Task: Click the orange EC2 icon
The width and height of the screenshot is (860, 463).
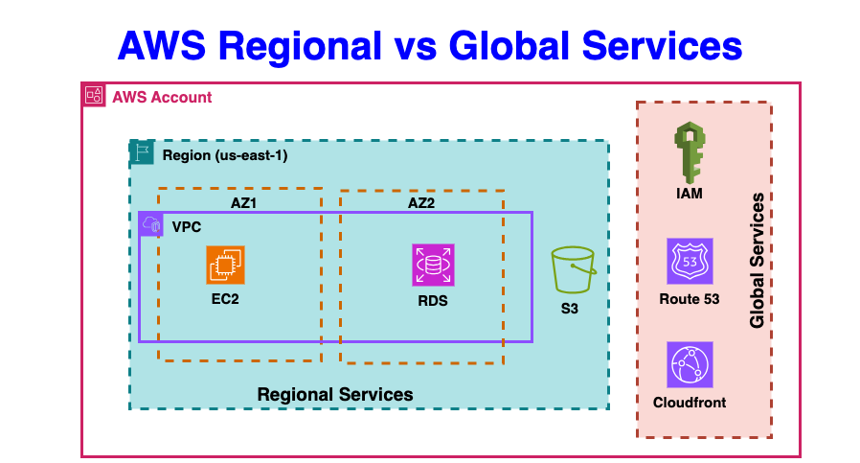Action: pyautogui.click(x=226, y=265)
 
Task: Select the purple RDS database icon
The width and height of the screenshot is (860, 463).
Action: pyautogui.click(x=432, y=265)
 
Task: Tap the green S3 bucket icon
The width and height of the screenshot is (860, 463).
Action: pyautogui.click(x=574, y=270)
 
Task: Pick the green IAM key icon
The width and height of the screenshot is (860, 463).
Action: pyautogui.click(x=690, y=152)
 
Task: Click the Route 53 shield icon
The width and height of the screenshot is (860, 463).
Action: pyautogui.click(x=690, y=262)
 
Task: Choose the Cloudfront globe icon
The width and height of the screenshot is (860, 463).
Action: pyautogui.click(x=690, y=364)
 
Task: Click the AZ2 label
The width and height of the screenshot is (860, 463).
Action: pyautogui.click(x=422, y=204)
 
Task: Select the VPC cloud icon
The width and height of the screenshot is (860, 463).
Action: pyautogui.click(x=151, y=224)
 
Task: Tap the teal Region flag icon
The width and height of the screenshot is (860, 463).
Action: pyautogui.click(x=142, y=152)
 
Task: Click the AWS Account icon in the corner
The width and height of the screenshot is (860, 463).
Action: pyautogui.click(x=94, y=95)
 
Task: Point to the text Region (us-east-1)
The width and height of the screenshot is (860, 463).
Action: pyautogui.click(x=225, y=154)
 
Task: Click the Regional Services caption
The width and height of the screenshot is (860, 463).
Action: pyautogui.click(x=335, y=394)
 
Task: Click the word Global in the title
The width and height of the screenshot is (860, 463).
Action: pyautogui.click(x=513, y=44)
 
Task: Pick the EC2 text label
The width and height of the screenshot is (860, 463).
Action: pyautogui.click(x=226, y=299)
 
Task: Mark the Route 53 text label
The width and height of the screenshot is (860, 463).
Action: pyautogui.click(x=690, y=299)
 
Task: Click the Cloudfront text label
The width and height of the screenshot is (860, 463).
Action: pyautogui.click(x=690, y=402)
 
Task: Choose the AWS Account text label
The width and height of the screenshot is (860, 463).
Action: pyautogui.click(x=162, y=97)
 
